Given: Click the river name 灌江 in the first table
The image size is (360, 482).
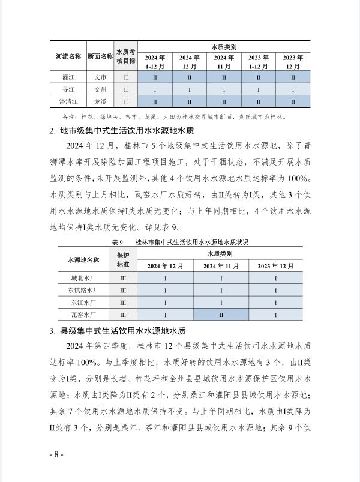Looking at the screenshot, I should pyautogui.click(x=67, y=77).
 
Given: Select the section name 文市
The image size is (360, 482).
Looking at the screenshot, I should pyautogui.click(x=100, y=77).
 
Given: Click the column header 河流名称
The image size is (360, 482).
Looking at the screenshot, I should pyautogui.click(x=67, y=56).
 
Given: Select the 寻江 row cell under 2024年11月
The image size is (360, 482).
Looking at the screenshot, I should pyautogui.click(x=224, y=89).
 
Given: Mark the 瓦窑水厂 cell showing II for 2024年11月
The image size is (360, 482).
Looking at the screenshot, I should pyautogui.click(x=221, y=315).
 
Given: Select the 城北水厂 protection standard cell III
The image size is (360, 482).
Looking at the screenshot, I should pyautogui.click(x=122, y=279).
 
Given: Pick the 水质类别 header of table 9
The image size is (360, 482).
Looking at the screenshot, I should pyautogui.click(x=220, y=254).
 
